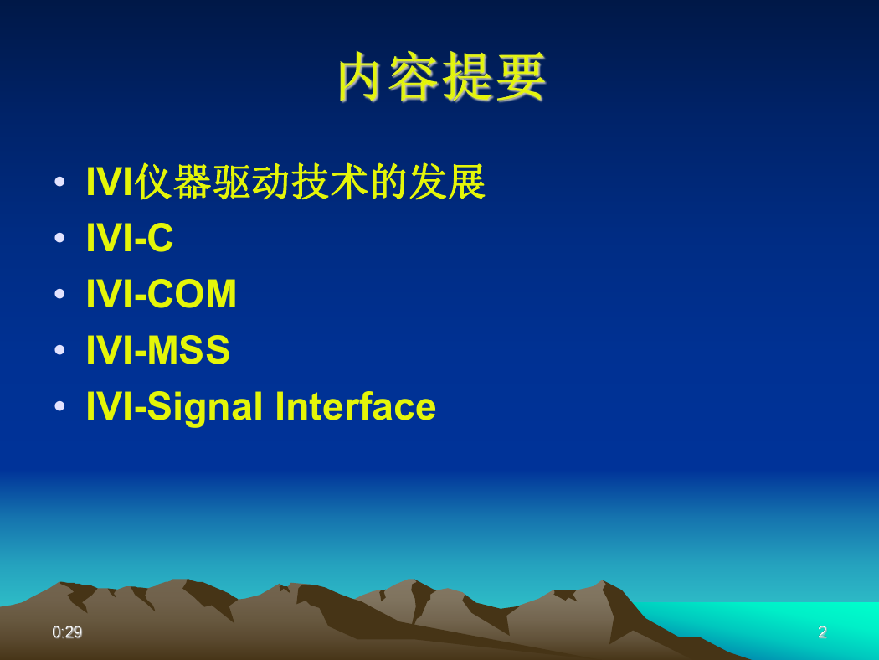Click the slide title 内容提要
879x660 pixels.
point(442,77)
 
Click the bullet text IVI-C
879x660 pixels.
point(130,238)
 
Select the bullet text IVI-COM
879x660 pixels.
point(162,294)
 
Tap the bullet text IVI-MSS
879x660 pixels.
point(158,350)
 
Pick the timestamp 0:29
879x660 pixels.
point(67,632)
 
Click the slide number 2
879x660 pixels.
point(822,632)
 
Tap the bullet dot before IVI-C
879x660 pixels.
point(60,238)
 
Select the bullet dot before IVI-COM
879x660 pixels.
point(60,294)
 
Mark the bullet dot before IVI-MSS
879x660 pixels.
point(60,350)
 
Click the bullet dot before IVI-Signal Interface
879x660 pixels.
point(60,406)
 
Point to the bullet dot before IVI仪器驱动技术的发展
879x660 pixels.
point(60,182)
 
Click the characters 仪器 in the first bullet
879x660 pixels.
point(172,182)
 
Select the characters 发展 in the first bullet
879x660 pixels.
point(447,182)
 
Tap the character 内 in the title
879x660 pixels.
point(362,77)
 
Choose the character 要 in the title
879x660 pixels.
point(522,77)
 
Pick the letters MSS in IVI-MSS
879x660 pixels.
point(189,350)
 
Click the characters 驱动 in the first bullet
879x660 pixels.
point(250,182)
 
